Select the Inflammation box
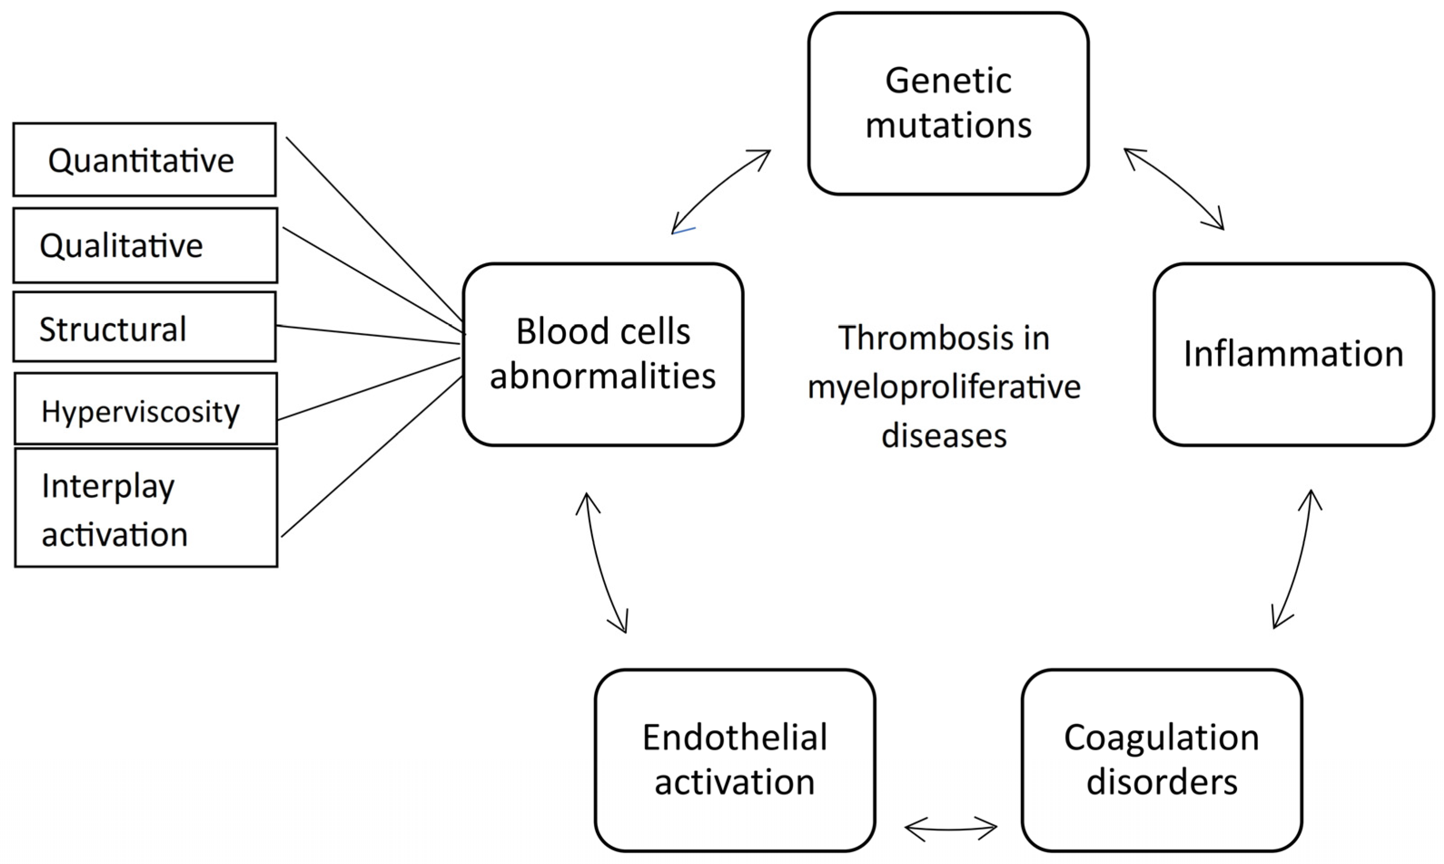coord(1294,354)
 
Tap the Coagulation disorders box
coord(1161,760)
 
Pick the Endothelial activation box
coord(735,760)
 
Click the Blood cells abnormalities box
coord(603,354)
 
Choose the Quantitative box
coord(144,160)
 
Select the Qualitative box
coord(145,245)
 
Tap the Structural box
coord(144,327)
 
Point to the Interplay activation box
coord(146,508)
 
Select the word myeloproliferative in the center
coord(944,387)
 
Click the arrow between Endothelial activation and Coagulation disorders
coord(951,828)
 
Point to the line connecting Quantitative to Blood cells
coord(373,227)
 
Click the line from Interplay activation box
coord(373,456)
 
